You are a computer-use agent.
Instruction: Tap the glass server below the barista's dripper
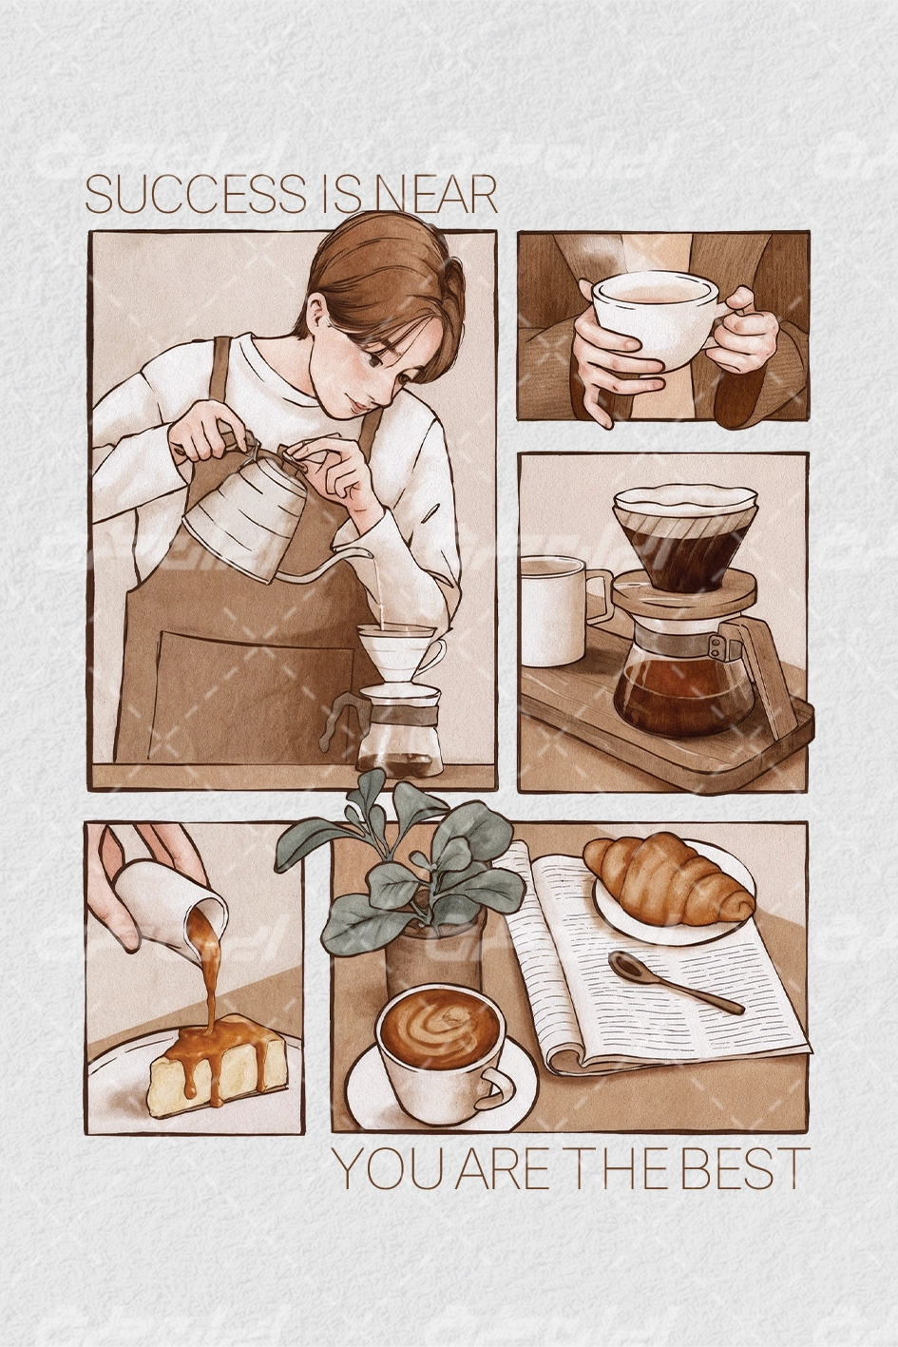click(x=400, y=727)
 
